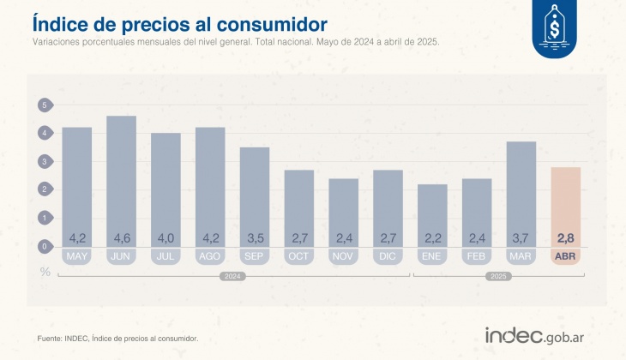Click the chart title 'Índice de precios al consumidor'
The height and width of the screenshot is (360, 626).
coord(180,21)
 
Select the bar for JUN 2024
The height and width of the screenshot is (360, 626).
coord(121,180)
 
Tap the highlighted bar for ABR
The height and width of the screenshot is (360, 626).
coord(566,206)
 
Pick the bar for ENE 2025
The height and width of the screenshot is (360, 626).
coord(432,214)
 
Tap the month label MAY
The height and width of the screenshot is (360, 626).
coord(76,255)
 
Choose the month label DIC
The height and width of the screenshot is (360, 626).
coord(388,255)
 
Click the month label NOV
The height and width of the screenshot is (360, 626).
coord(343,255)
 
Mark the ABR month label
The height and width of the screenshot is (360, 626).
coord(566,255)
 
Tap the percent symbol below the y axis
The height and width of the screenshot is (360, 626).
coord(45,272)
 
